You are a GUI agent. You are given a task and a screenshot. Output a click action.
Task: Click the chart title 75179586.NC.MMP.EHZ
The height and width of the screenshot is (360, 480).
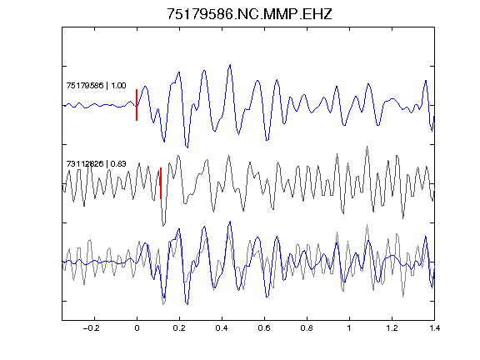pyautogui.click(x=249, y=14)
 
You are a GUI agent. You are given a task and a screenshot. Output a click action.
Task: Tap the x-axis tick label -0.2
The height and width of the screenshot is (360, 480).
pyautogui.click(x=91, y=328)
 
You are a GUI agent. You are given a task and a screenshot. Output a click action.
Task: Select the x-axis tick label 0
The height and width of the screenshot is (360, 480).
pyautogui.click(x=137, y=328)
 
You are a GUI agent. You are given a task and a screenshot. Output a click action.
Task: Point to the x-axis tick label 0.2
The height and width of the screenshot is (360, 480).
pyautogui.click(x=179, y=328)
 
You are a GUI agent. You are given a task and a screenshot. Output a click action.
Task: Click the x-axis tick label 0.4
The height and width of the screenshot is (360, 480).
pyautogui.click(x=222, y=328)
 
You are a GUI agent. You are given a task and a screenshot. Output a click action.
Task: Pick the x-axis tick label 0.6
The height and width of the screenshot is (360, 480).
pyautogui.click(x=264, y=328)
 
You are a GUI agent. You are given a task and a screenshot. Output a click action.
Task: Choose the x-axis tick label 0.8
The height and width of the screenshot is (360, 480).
pyautogui.click(x=307, y=328)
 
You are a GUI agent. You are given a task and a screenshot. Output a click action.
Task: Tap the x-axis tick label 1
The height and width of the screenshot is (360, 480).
pyautogui.click(x=349, y=328)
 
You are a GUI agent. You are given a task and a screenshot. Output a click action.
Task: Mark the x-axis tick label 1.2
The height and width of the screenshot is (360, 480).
pyautogui.click(x=392, y=328)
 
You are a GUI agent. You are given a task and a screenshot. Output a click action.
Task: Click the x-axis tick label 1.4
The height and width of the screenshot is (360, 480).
pyautogui.click(x=434, y=328)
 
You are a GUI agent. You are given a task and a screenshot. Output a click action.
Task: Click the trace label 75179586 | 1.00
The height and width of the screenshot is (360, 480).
pyautogui.click(x=96, y=85)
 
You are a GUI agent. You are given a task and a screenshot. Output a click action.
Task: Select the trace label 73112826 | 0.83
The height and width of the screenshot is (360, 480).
pyautogui.click(x=96, y=164)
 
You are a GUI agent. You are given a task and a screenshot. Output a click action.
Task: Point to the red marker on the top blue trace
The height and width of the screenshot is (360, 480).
pyautogui.click(x=137, y=105)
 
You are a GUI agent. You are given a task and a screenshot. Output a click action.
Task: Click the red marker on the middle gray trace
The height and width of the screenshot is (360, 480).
pyautogui.click(x=161, y=183)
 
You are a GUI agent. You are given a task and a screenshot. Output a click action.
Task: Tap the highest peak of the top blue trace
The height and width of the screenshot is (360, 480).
pyautogui.click(x=230, y=65)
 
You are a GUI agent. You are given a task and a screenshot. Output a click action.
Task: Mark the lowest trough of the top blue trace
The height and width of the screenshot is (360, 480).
pyautogui.click(x=187, y=147)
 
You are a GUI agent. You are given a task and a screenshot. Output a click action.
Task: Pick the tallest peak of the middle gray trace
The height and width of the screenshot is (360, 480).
pyautogui.click(x=367, y=147)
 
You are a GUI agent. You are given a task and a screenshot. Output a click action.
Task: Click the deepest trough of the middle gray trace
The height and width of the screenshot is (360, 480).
pyautogui.click(x=163, y=226)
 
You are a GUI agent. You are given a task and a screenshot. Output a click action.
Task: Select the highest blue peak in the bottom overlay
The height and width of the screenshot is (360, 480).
pyautogui.click(x=230, y=222)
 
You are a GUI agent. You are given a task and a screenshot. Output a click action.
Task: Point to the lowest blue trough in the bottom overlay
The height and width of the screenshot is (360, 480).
pyautogui.click(x=187, y=304)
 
